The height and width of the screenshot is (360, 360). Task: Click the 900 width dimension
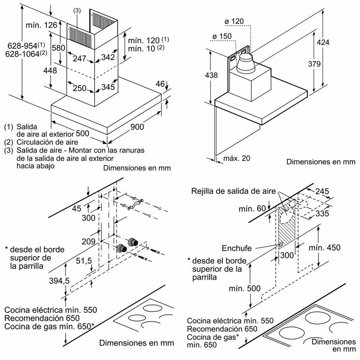coord(137,128)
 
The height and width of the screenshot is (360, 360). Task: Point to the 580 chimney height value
coord(59,47)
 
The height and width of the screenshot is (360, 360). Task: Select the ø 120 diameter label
coord(234,21)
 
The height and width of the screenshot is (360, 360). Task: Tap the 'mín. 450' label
coord(324,248)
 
